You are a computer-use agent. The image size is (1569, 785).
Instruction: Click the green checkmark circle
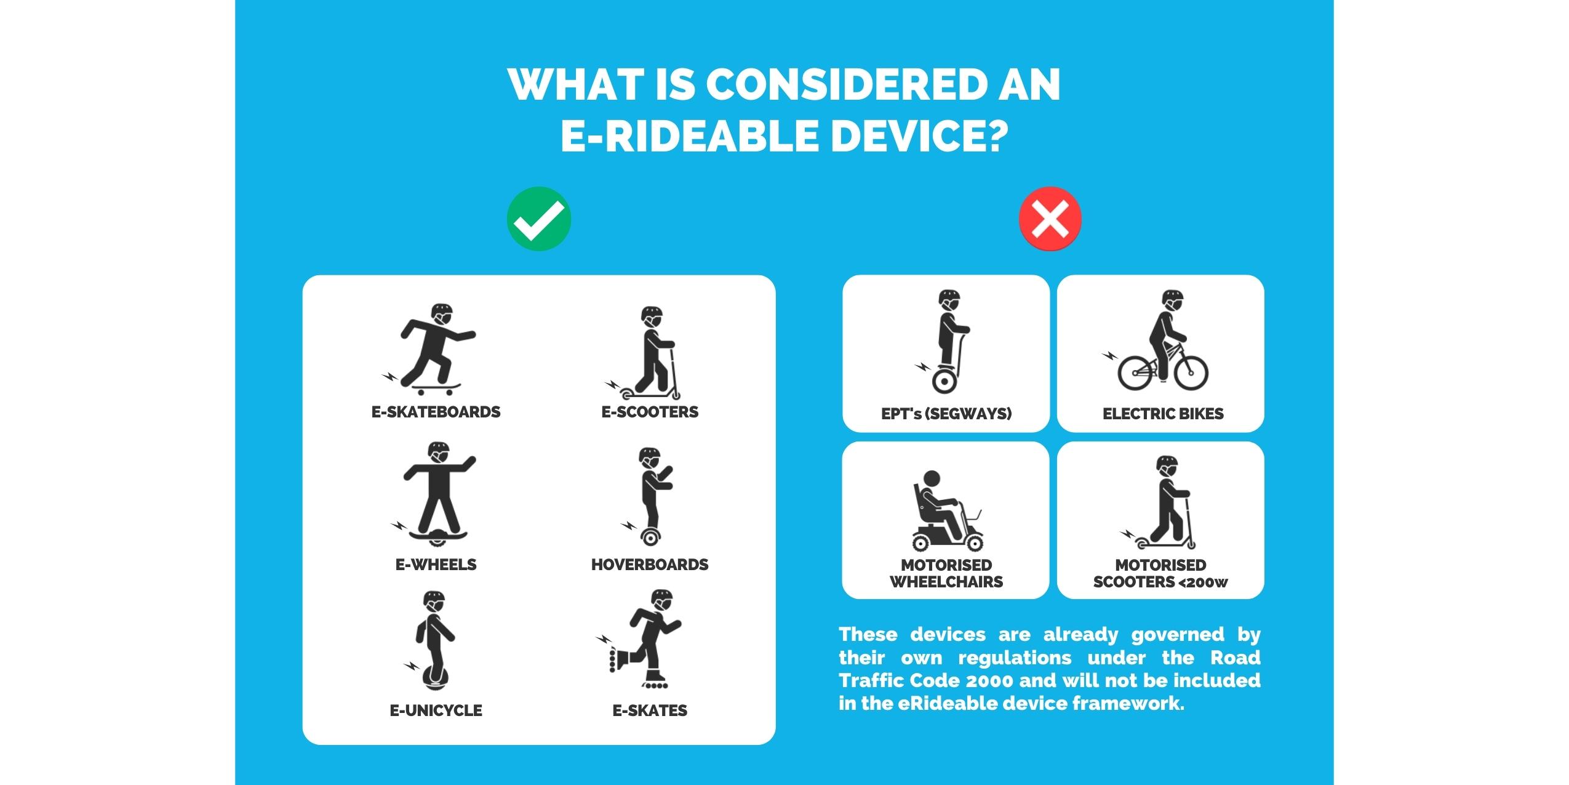click(539, 219)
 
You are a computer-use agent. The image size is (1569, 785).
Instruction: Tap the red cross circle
click(1050, 219)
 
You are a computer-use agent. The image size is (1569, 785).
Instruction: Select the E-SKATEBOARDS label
click(436, 412)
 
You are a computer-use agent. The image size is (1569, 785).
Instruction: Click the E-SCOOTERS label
click(650, 412)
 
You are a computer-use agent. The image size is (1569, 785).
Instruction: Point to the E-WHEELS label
click(436, 565)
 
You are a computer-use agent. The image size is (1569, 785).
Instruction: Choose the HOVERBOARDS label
click(650, 565)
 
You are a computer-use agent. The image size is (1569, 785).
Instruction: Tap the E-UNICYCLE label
click(436, 711)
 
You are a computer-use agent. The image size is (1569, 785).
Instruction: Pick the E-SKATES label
click(650, 711)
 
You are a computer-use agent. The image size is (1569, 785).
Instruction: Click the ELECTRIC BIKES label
click(1163, 414)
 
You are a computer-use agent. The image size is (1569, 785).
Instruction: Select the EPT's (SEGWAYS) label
click(946, 414)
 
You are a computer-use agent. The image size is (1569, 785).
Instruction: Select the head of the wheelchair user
click(932, 479)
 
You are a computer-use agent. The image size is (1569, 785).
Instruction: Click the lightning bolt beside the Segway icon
click(923, 367)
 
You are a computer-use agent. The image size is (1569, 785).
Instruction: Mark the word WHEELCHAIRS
click(946, 582)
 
